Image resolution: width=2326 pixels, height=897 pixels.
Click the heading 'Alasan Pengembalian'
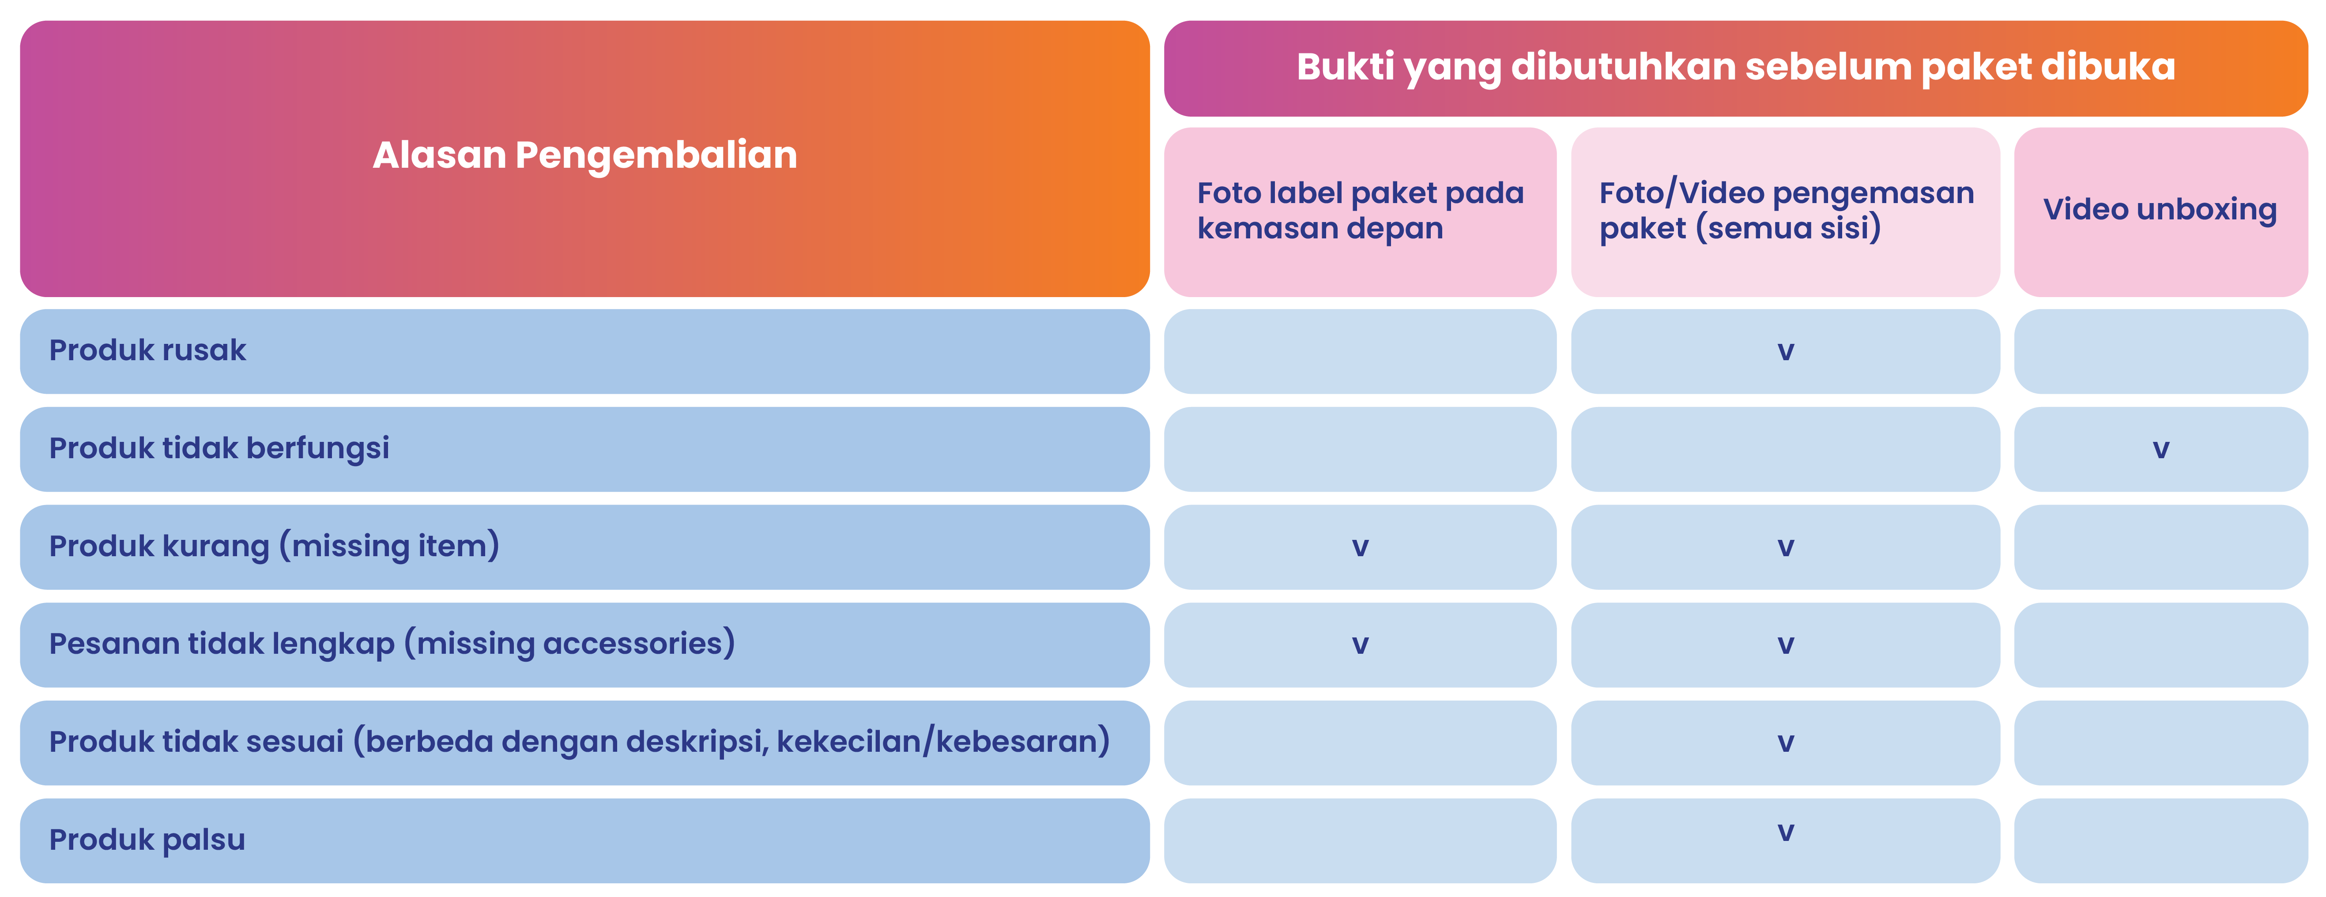585,155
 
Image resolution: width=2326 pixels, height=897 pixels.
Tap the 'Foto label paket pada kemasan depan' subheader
1360,211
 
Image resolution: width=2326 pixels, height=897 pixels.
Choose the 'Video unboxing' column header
2160,210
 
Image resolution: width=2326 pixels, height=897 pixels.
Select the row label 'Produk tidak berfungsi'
219,448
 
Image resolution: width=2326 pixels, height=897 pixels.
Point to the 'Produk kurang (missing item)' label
274,546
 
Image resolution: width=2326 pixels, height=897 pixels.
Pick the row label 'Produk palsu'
147,839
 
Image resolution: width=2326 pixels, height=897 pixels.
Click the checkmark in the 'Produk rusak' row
1785,351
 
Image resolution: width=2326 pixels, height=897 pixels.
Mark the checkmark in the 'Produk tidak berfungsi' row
2160,449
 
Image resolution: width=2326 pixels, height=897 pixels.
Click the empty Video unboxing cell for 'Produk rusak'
2160,351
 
